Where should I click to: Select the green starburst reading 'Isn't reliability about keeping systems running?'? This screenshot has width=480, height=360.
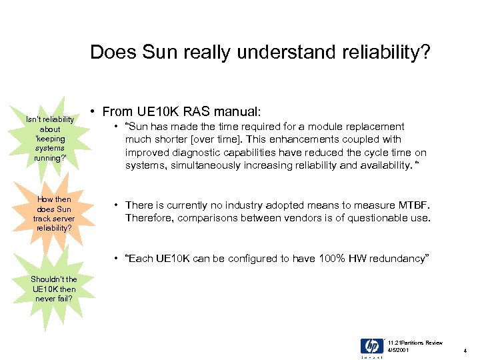click(51, 138)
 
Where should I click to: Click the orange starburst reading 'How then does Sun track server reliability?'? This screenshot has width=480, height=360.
click(54, 213)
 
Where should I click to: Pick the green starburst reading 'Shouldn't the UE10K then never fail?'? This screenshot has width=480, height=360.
click(54, 289)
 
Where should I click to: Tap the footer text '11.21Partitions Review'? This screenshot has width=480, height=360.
click(415, 342)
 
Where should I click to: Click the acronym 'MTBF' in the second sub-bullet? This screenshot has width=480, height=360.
click(414, 206)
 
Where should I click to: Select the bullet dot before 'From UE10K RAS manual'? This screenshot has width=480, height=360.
click(95, 112)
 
